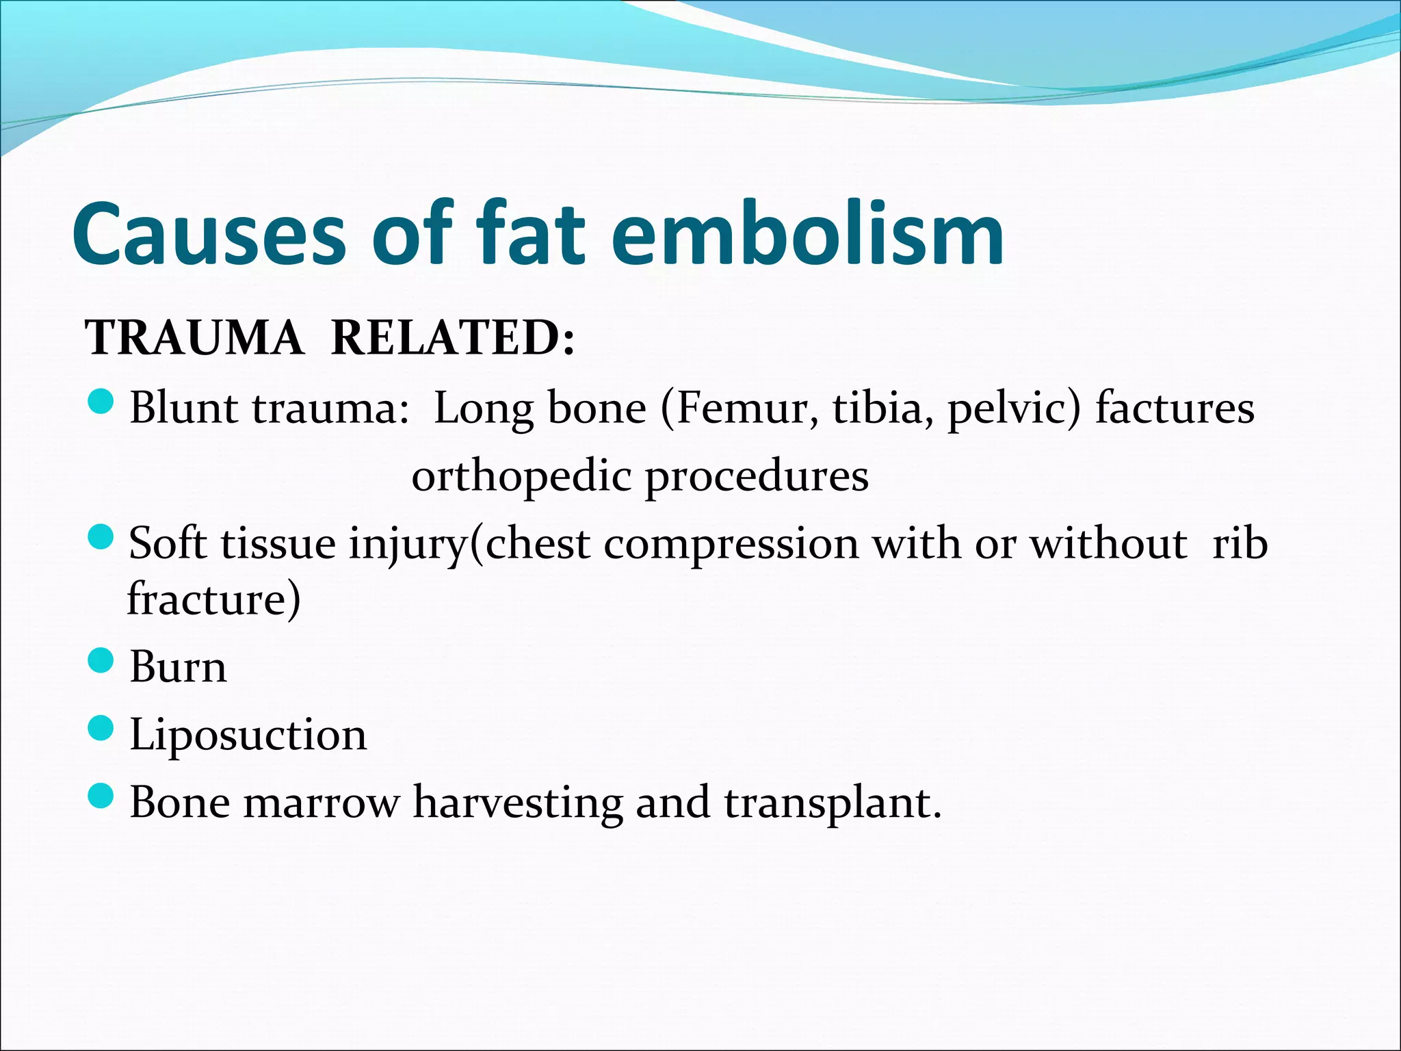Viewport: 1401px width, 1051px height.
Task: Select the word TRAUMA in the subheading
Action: click(x=194, y=338)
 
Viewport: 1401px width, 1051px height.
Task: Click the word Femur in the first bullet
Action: click(x=746, y=408)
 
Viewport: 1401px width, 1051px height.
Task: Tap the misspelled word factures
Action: click(x=1175, y=408)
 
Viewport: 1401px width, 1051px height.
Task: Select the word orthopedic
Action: click(x=521, y=477)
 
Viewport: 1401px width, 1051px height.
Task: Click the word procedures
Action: click(x=757, y=477)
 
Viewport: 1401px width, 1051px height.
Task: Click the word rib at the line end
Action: click(x=1240, y=544)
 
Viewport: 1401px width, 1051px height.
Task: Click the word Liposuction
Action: click(x=248, y=736)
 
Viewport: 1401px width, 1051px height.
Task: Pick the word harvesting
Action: click(x=517, y=804)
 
